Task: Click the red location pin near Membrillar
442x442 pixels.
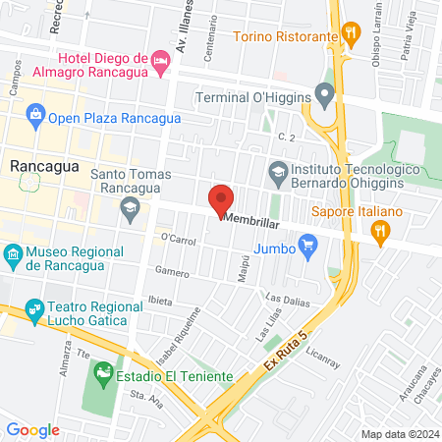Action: point(222,199)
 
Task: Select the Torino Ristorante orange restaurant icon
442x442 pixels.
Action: point(350,37)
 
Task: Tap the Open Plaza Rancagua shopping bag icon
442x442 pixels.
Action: point(35,118)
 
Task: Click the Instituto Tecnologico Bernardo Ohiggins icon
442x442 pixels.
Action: point(278,171)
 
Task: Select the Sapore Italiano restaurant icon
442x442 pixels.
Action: point(381,231)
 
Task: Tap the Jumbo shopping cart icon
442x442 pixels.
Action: point(308,245)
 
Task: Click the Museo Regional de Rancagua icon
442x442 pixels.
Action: point(13,257)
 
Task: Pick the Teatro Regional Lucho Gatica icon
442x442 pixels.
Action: point(35,312)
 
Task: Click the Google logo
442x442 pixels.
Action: point(33,429)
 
